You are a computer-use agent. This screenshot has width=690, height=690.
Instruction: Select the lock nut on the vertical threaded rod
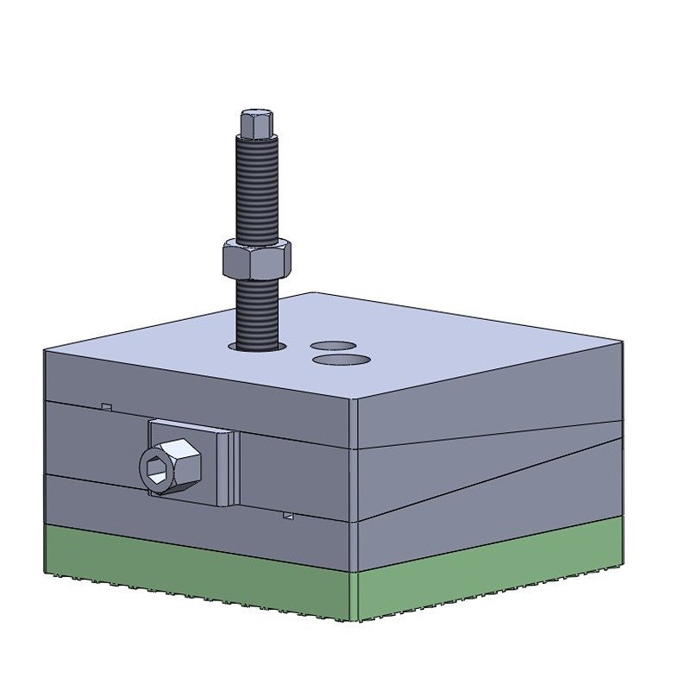256,258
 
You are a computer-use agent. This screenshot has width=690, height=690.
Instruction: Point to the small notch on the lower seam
289,516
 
